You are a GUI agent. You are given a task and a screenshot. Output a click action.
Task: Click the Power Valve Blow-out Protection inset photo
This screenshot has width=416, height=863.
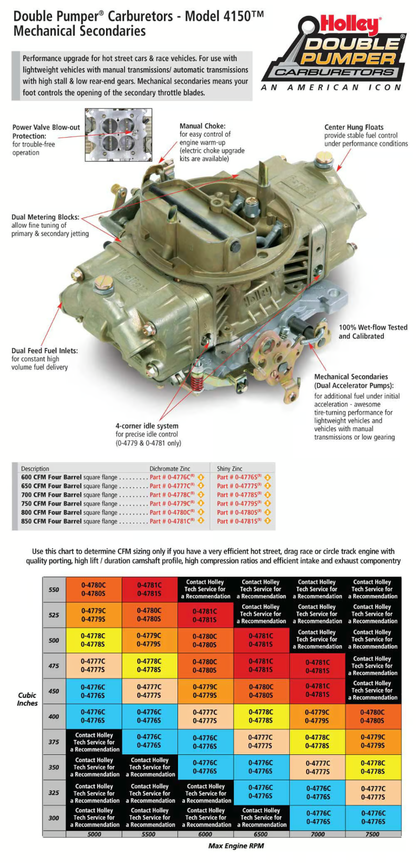click(x=119, y=135)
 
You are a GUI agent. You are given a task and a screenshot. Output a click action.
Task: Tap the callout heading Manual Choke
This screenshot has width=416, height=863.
click(x=202, y=126)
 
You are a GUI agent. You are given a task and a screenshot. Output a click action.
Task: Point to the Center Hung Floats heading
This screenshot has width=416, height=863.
click(x=353, y=127)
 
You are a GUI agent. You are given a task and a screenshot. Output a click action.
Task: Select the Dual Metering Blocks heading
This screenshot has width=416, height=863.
click(x=45, y=217)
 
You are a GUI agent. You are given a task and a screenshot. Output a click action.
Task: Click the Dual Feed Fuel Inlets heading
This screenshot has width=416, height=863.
click(x=44, y=351)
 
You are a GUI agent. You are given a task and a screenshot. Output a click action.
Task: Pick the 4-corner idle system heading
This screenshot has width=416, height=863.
click(x=147, y=426)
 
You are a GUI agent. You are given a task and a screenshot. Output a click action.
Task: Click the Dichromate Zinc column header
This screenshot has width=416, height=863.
click(x=170, y=468)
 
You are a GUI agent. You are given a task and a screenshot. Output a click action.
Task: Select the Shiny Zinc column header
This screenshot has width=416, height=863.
click(x=230, y=468)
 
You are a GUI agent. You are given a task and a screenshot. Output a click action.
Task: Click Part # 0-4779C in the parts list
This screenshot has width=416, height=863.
click(x=172, y=504)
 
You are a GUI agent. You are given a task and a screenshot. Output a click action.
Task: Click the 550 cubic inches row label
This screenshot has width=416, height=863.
click(x=54, y=589)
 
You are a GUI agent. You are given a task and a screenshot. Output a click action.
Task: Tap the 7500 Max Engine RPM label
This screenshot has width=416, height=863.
click(x=372, y=834)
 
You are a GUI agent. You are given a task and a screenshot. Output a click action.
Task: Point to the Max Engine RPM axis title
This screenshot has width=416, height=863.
click(x=236, y=846)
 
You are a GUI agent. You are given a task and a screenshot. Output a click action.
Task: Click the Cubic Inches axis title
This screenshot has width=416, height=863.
click(x=27, y=699)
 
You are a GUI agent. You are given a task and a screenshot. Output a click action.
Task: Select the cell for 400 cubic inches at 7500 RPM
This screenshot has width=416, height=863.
click(x=372, y=716)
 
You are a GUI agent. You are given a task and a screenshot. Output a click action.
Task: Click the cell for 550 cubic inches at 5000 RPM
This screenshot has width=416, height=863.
click(x=93, y=589)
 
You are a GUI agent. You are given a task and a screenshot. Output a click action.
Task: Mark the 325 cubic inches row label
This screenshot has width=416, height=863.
click(x=54, y=793)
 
